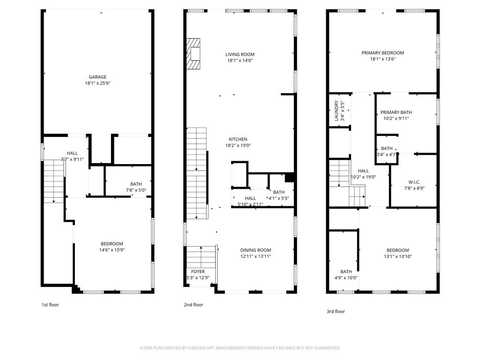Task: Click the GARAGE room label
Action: click(97, 77)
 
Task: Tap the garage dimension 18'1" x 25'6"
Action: click(97, 83)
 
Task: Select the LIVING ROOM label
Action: click(240, 54)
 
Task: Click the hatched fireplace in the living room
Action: click(194, 53)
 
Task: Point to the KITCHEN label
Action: click(238, 139)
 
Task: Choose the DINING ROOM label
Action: click(255, 250)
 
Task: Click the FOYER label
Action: click(198, 271)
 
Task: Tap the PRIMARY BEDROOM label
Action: click(382, 53)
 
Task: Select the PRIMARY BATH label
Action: click(396, 112)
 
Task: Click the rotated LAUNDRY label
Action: click(337, 111)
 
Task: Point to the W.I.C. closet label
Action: click(414, 182)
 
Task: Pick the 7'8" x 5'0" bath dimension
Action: click(136, 190)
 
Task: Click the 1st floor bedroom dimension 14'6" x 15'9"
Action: click(112, 250)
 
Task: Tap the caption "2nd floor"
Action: click(194, 305)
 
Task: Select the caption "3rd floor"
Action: click(336, 311)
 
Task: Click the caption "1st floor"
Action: click(50, 305)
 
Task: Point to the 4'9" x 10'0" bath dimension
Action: click(346, 277)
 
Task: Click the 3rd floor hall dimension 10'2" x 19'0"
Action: click(363, 177)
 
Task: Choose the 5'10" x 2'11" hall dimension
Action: click(250, 204)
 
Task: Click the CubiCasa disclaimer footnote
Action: click(240, 348)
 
